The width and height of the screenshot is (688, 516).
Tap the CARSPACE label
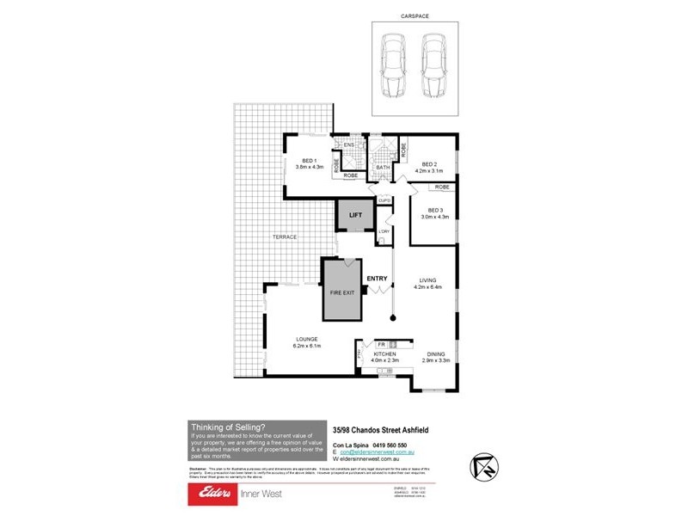pos(415,15)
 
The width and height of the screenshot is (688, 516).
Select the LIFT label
pos(354,216)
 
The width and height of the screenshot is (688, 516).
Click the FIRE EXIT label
pos(342,293)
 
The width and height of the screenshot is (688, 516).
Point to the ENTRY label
pos(378,279)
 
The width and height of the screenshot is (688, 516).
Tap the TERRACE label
pos(285,237)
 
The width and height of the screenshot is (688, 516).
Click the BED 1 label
pos(307,161)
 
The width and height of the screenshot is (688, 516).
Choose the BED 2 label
pos(429,164)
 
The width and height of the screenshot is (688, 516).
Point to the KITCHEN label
pos(384,354)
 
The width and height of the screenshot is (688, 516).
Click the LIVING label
pos(429,281)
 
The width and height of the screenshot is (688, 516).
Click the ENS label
pos(349,144)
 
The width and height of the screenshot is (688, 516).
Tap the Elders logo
pos(211,494)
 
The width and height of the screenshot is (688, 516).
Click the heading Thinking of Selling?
pos(228,427)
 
